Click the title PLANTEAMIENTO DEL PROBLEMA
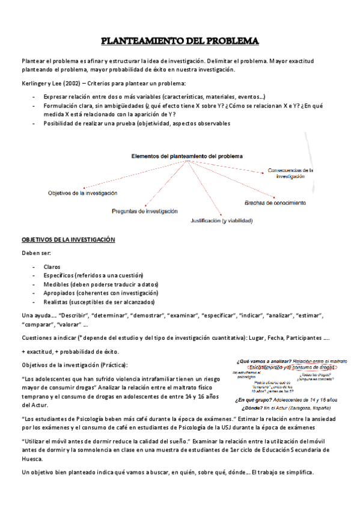tap(179, 41)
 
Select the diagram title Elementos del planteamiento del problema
tap(187, 156)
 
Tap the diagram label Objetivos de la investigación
tap(82, 193)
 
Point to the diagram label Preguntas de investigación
tap(145, 211)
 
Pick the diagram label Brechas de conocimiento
tap(275, 203)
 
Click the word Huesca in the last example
tap(31, 458)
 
